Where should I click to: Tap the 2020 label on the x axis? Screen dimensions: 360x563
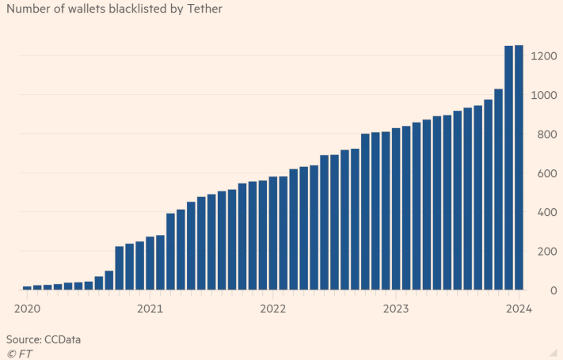click(x=27, y=308)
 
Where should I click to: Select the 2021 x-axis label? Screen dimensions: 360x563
click(x=150, y=308)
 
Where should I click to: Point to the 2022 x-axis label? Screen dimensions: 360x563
click(x=272, y=308)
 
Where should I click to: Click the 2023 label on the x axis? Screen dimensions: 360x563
click(x=396, y=308)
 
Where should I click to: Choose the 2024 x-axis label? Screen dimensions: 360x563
click(x=519, y=308)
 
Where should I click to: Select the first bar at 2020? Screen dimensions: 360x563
click(x=27, y=288)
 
